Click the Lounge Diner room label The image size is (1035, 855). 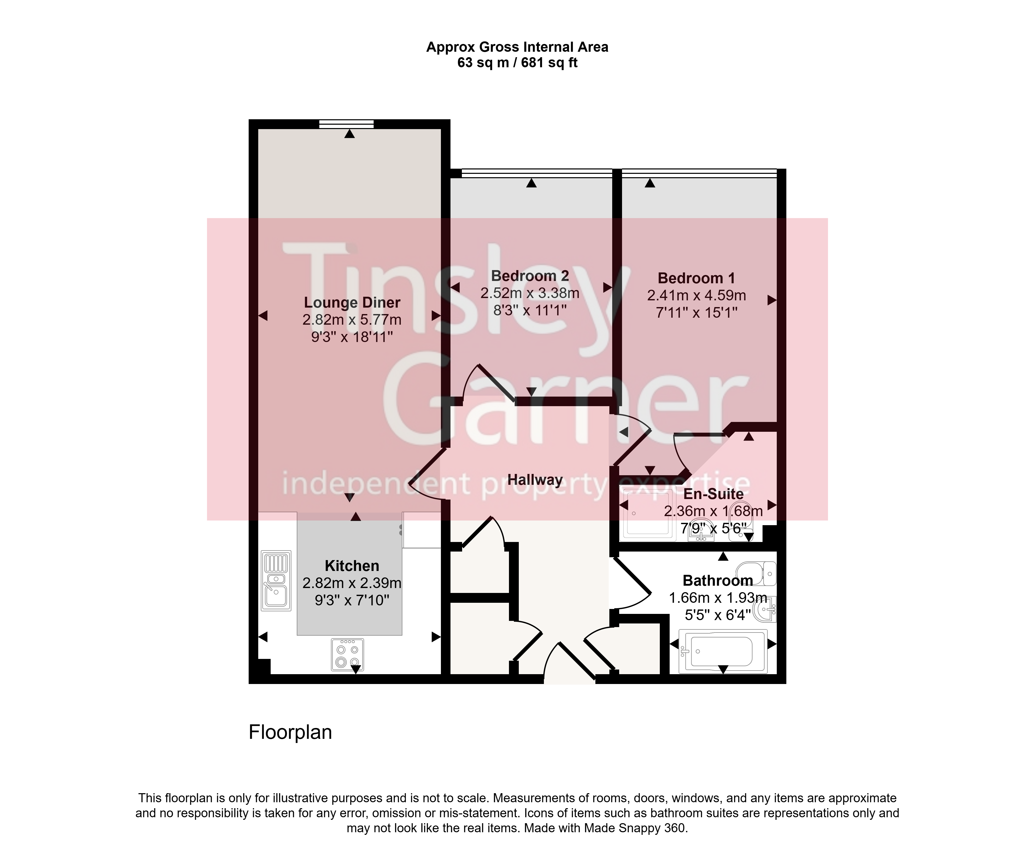(x=352, y=302)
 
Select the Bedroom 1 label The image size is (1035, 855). (x=696, y=278)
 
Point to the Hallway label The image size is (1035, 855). (x=535, y=480)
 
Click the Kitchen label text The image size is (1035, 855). (x=352, y=566)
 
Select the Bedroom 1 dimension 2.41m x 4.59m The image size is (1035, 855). (x=696, y=295)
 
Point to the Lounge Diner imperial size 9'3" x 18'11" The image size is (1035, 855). (x=352, y=337)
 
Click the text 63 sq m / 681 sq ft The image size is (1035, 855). (x=517, y=63)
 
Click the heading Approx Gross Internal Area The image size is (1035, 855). (x=517, y=47)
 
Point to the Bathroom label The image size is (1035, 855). (x=718, y=581)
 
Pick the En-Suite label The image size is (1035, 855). (x=713, y=494)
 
